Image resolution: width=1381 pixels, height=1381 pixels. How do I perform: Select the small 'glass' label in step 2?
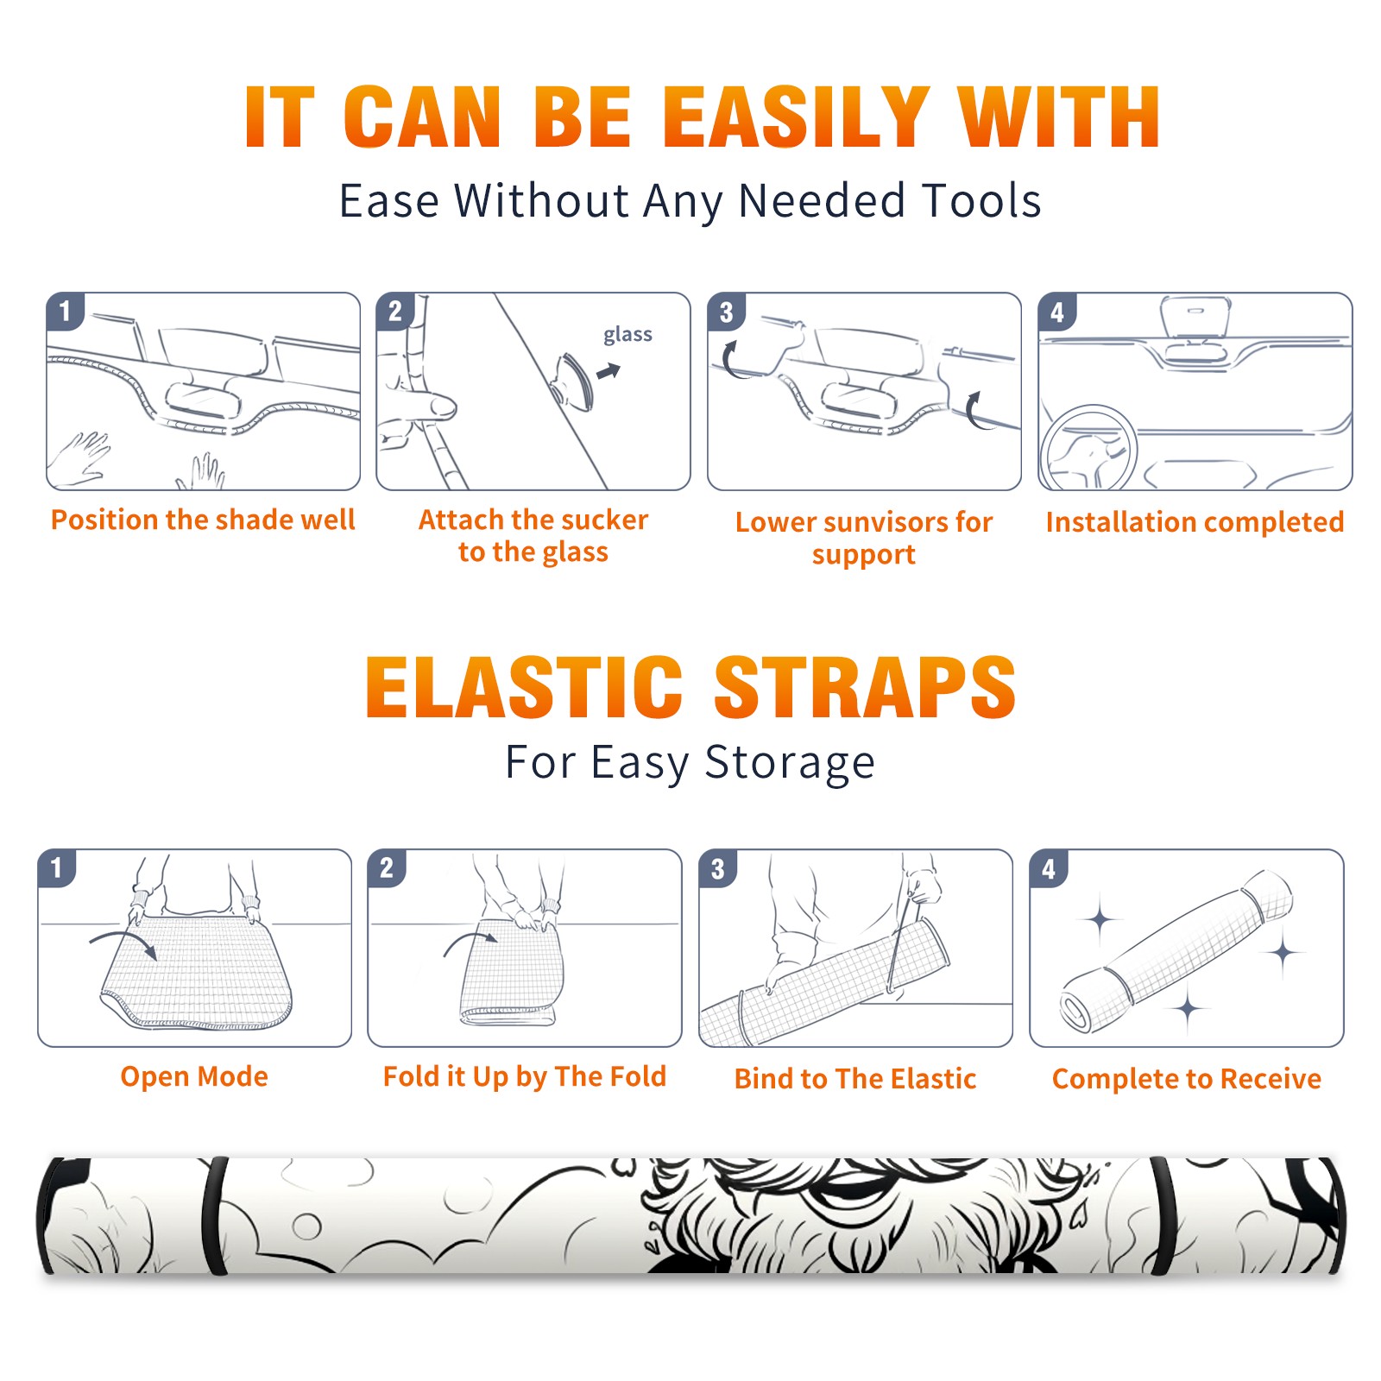[627, 335]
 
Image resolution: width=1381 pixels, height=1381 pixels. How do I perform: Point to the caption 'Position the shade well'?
[203, 520]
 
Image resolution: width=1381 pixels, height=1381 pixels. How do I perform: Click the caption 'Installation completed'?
[1195, 522]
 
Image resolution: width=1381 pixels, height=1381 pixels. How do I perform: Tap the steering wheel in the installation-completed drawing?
[1088, 447]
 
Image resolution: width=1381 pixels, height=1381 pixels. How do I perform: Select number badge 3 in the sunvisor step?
[726, 312]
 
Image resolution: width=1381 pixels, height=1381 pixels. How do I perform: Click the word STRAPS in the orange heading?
[865, 687]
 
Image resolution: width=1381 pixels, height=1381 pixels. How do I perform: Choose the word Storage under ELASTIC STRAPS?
[790, 764]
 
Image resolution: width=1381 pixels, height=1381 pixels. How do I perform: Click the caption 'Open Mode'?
[194, 1076]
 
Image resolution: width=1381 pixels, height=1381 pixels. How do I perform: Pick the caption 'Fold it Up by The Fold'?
[525, 1077]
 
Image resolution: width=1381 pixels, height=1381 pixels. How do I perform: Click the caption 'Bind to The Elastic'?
[855, 1079]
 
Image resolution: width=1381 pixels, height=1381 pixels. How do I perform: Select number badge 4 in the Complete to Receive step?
[1049, 868]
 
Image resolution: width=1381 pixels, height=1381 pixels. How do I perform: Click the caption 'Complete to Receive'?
[1187, 1079]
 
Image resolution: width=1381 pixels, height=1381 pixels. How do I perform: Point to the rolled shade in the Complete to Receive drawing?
[1176, 951]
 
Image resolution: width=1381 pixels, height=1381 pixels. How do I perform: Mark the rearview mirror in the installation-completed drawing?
[1195, 318]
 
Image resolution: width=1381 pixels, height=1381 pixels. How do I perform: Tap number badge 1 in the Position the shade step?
[65, 311]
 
